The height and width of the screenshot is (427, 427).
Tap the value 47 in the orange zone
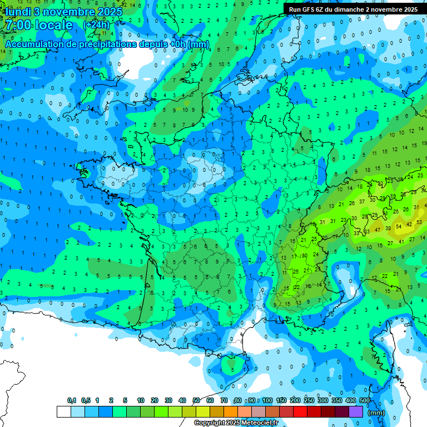pyautogui.click(x=378, y=229)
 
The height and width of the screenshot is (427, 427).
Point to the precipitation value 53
pyautogui.click(x=419, y=222)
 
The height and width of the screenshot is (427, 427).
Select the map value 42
pyautogui.click(x=410, y=224)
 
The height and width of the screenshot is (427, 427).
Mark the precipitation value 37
pyautogui.click(x=362, y=201)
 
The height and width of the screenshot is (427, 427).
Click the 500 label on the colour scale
pyautogui.click(x=365, y=400)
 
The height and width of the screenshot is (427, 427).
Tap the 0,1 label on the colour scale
pyautogui.click(x=72, y=400)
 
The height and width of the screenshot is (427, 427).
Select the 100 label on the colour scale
pyautogui.click(x=267, y=400)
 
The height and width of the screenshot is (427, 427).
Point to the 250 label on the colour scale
pyautogui.click(x=309, y=400)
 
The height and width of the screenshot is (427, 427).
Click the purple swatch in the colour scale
pyautogui.click(x=356, y=411)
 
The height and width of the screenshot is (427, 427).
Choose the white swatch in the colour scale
pyautogui.click(x=63, y=411)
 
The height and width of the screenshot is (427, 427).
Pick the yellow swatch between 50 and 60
pyautogui.click(x=203, y=411)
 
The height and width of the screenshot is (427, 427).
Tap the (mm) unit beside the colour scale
pyautogui.click(x=376, y=413)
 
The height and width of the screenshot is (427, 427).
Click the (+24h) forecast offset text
pyautogui.click(x=96, y=25)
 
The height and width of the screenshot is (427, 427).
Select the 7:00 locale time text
pyautogui.click(x=37, y=26)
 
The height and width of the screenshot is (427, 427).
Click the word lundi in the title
pyautogui.click(x=18, y=12)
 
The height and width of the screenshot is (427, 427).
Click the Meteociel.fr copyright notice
pyautogui.click(x=236, y=423)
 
